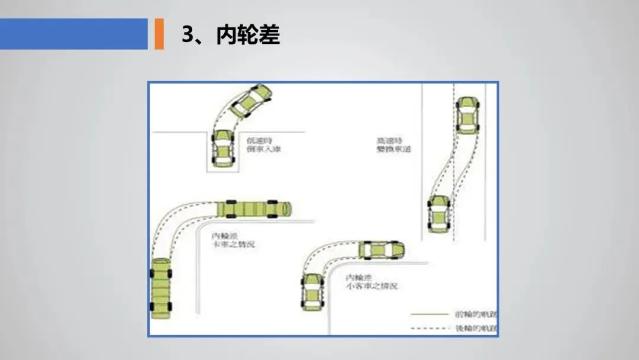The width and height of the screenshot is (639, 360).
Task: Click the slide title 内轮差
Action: click(x=248, y=35)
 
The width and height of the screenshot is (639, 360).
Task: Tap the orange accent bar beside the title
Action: click(x=159, y=34)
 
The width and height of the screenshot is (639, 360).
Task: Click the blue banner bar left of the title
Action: click(x=73, y=34)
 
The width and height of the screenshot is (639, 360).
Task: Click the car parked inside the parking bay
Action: click(x=222, y=148)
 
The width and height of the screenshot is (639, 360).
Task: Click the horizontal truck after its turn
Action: click(x=254, y=209)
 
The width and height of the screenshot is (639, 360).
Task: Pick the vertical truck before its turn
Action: click(x=162, y=289)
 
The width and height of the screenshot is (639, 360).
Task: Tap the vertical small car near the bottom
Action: click(x=312, y=291)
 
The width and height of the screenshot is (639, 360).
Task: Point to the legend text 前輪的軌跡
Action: click(x=476, y=313)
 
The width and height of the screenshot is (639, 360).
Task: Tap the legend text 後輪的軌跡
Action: click(x=476, y=328)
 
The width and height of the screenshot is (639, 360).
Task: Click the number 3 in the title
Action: click(x=188, y=35)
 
